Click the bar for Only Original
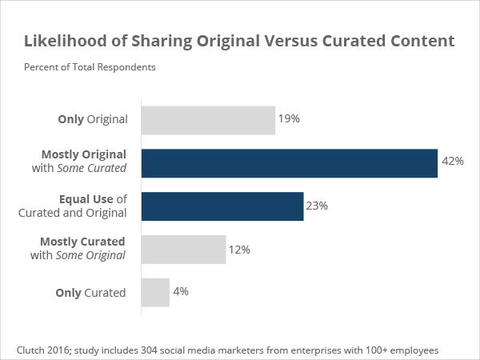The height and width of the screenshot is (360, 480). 208,120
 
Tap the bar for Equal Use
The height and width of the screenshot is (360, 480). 222,206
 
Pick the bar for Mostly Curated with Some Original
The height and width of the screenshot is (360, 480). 183,250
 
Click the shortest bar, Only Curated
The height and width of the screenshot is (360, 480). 155,293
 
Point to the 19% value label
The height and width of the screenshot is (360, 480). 289,119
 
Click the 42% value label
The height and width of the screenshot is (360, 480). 452,162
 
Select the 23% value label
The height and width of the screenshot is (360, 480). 317,206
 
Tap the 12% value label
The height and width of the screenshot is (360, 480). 239,250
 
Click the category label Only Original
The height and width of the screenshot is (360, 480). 93,120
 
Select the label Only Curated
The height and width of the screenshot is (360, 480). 90,293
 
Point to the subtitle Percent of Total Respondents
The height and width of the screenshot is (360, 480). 90,66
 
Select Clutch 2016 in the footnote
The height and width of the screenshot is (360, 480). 43,350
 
